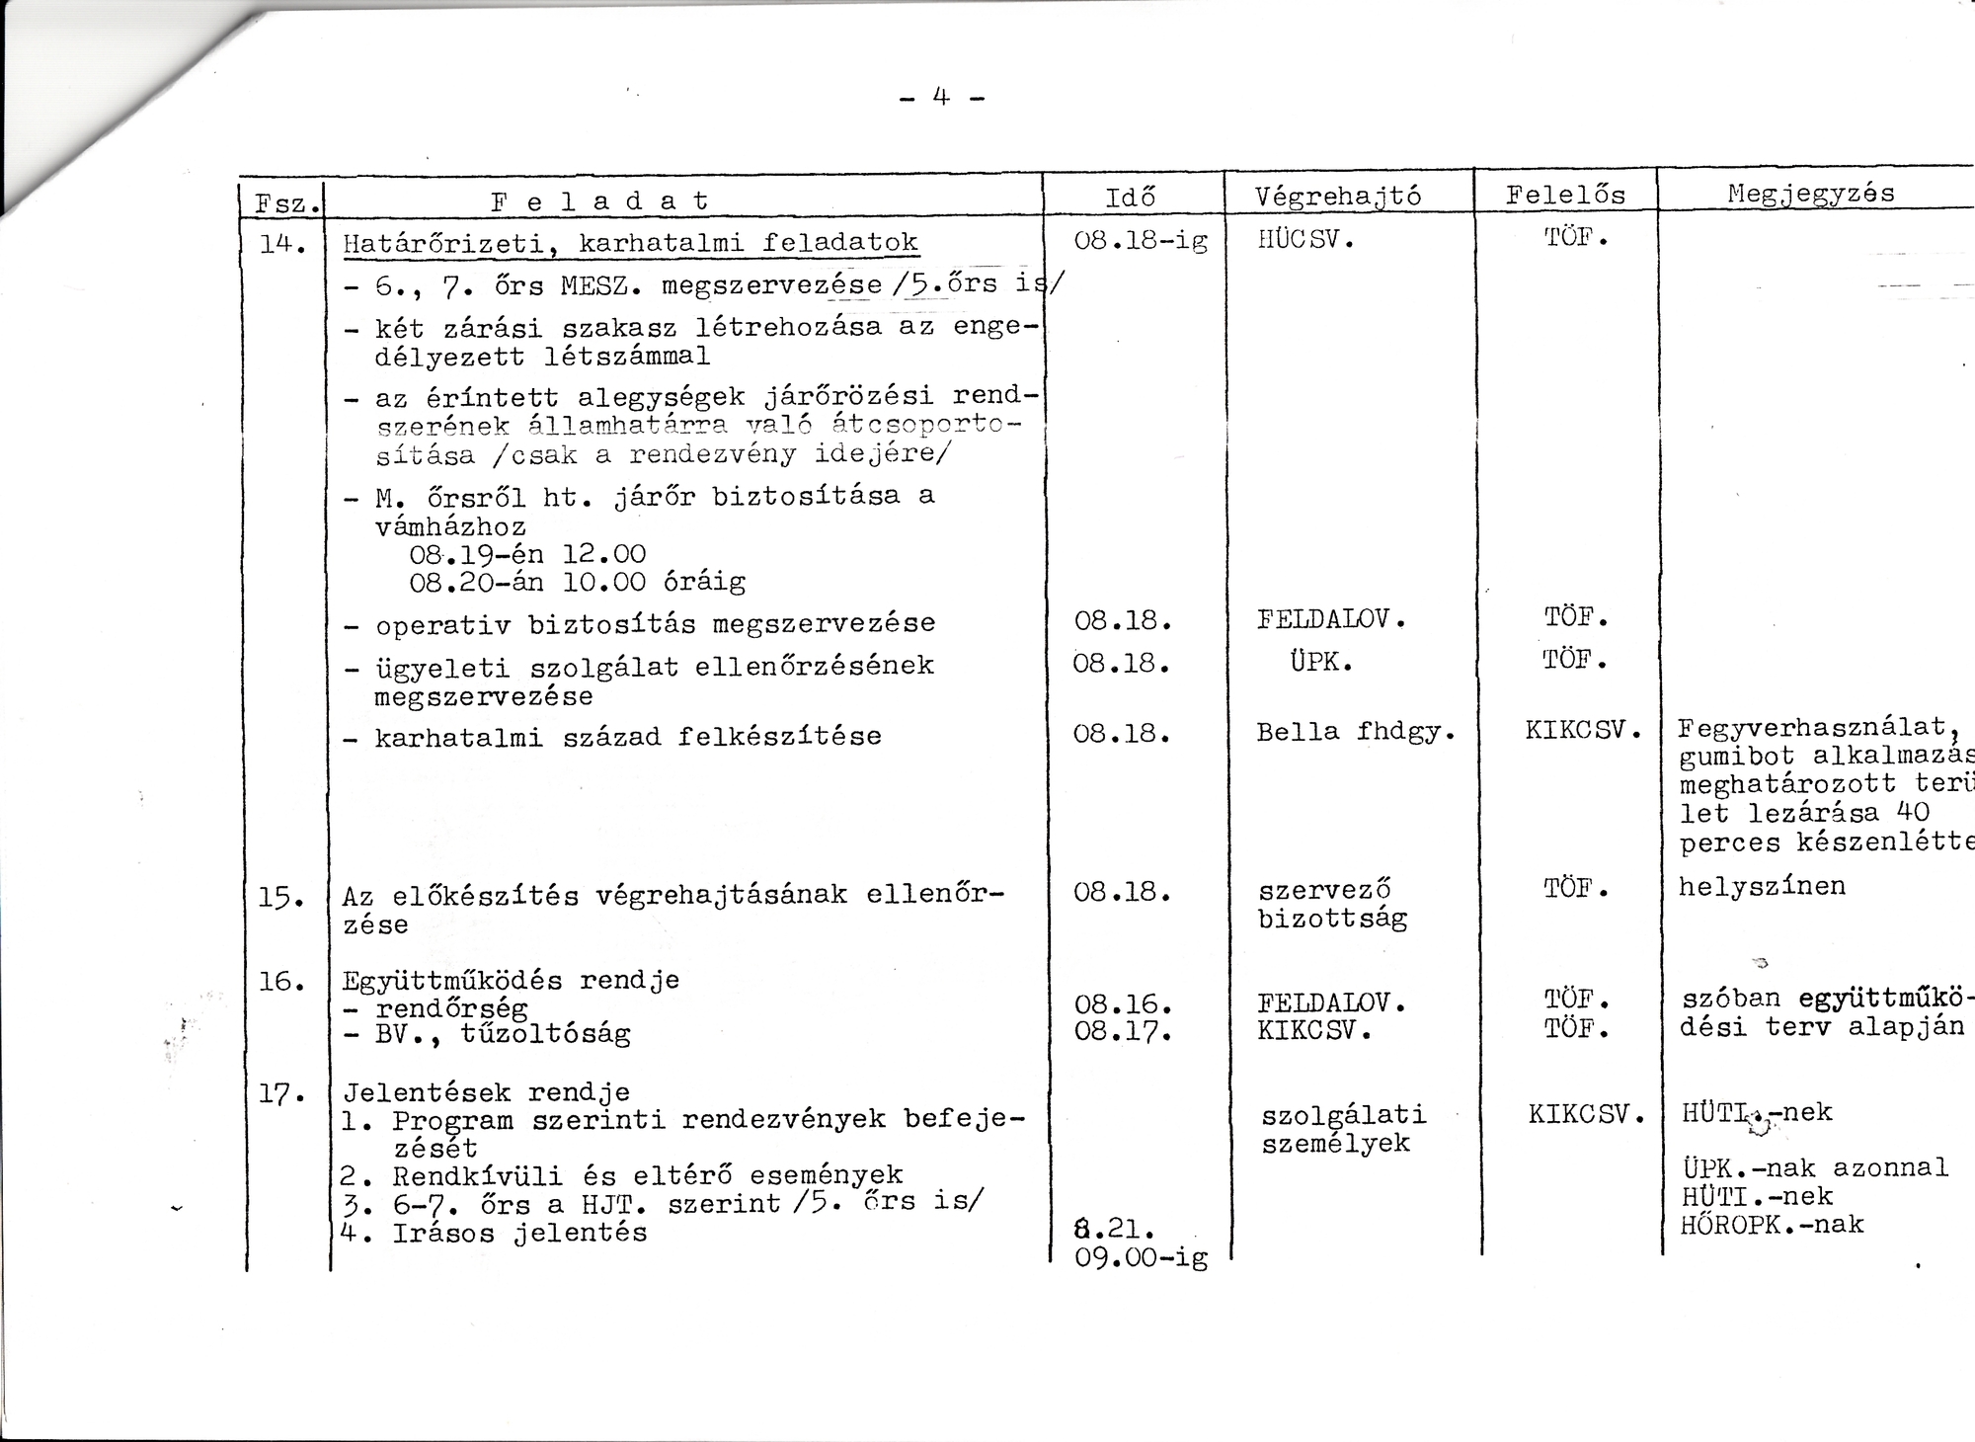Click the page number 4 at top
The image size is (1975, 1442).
(x=941, y=97)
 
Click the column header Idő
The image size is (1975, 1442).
(x=1130, y=197)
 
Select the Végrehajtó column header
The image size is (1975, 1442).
(x=1338, y=197)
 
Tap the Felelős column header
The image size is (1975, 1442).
(x=1565, y=195)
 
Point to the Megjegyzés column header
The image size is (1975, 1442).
(x=1811, y=194)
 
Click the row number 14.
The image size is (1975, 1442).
(x=281, y=242)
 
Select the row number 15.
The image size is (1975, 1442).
(x=281, y=897)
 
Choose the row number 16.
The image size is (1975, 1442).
(x=281, y=981)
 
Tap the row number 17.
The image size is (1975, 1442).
(x=281, y=1093)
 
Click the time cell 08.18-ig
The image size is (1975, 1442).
(x=1140, y=241)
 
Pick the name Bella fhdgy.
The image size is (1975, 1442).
(x=1355, y=732)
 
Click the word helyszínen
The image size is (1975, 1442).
(x=1762, y=886)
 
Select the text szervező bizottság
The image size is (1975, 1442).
(x=1331, y=904)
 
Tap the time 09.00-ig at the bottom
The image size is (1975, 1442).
(x=1141, y=1258)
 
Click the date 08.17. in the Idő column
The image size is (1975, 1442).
(x=1123, y=1033)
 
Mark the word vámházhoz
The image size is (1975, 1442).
(x=450, y=526)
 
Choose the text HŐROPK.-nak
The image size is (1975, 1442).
(x=1773, y=1225)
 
